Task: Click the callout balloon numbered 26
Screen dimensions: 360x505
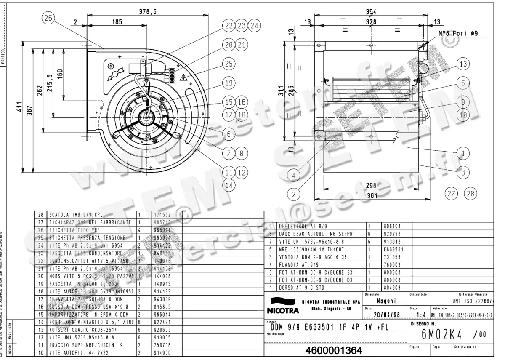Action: [x=48, y=18]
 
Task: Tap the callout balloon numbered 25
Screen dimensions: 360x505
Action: [x=229, y=64]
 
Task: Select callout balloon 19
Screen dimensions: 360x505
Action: [x=229, y=83]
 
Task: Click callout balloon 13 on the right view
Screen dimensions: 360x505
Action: [x=463, y=64]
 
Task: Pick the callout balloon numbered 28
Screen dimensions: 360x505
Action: [x=470, y=194]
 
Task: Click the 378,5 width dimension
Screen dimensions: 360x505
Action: [x=148, y=12]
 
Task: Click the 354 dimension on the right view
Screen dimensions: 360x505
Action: [x=371, y=11]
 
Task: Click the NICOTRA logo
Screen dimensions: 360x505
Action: [x=282, y=307]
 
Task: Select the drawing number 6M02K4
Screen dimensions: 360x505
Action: [x=440, y=335]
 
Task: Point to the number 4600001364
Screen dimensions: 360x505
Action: [x=332, y=350]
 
